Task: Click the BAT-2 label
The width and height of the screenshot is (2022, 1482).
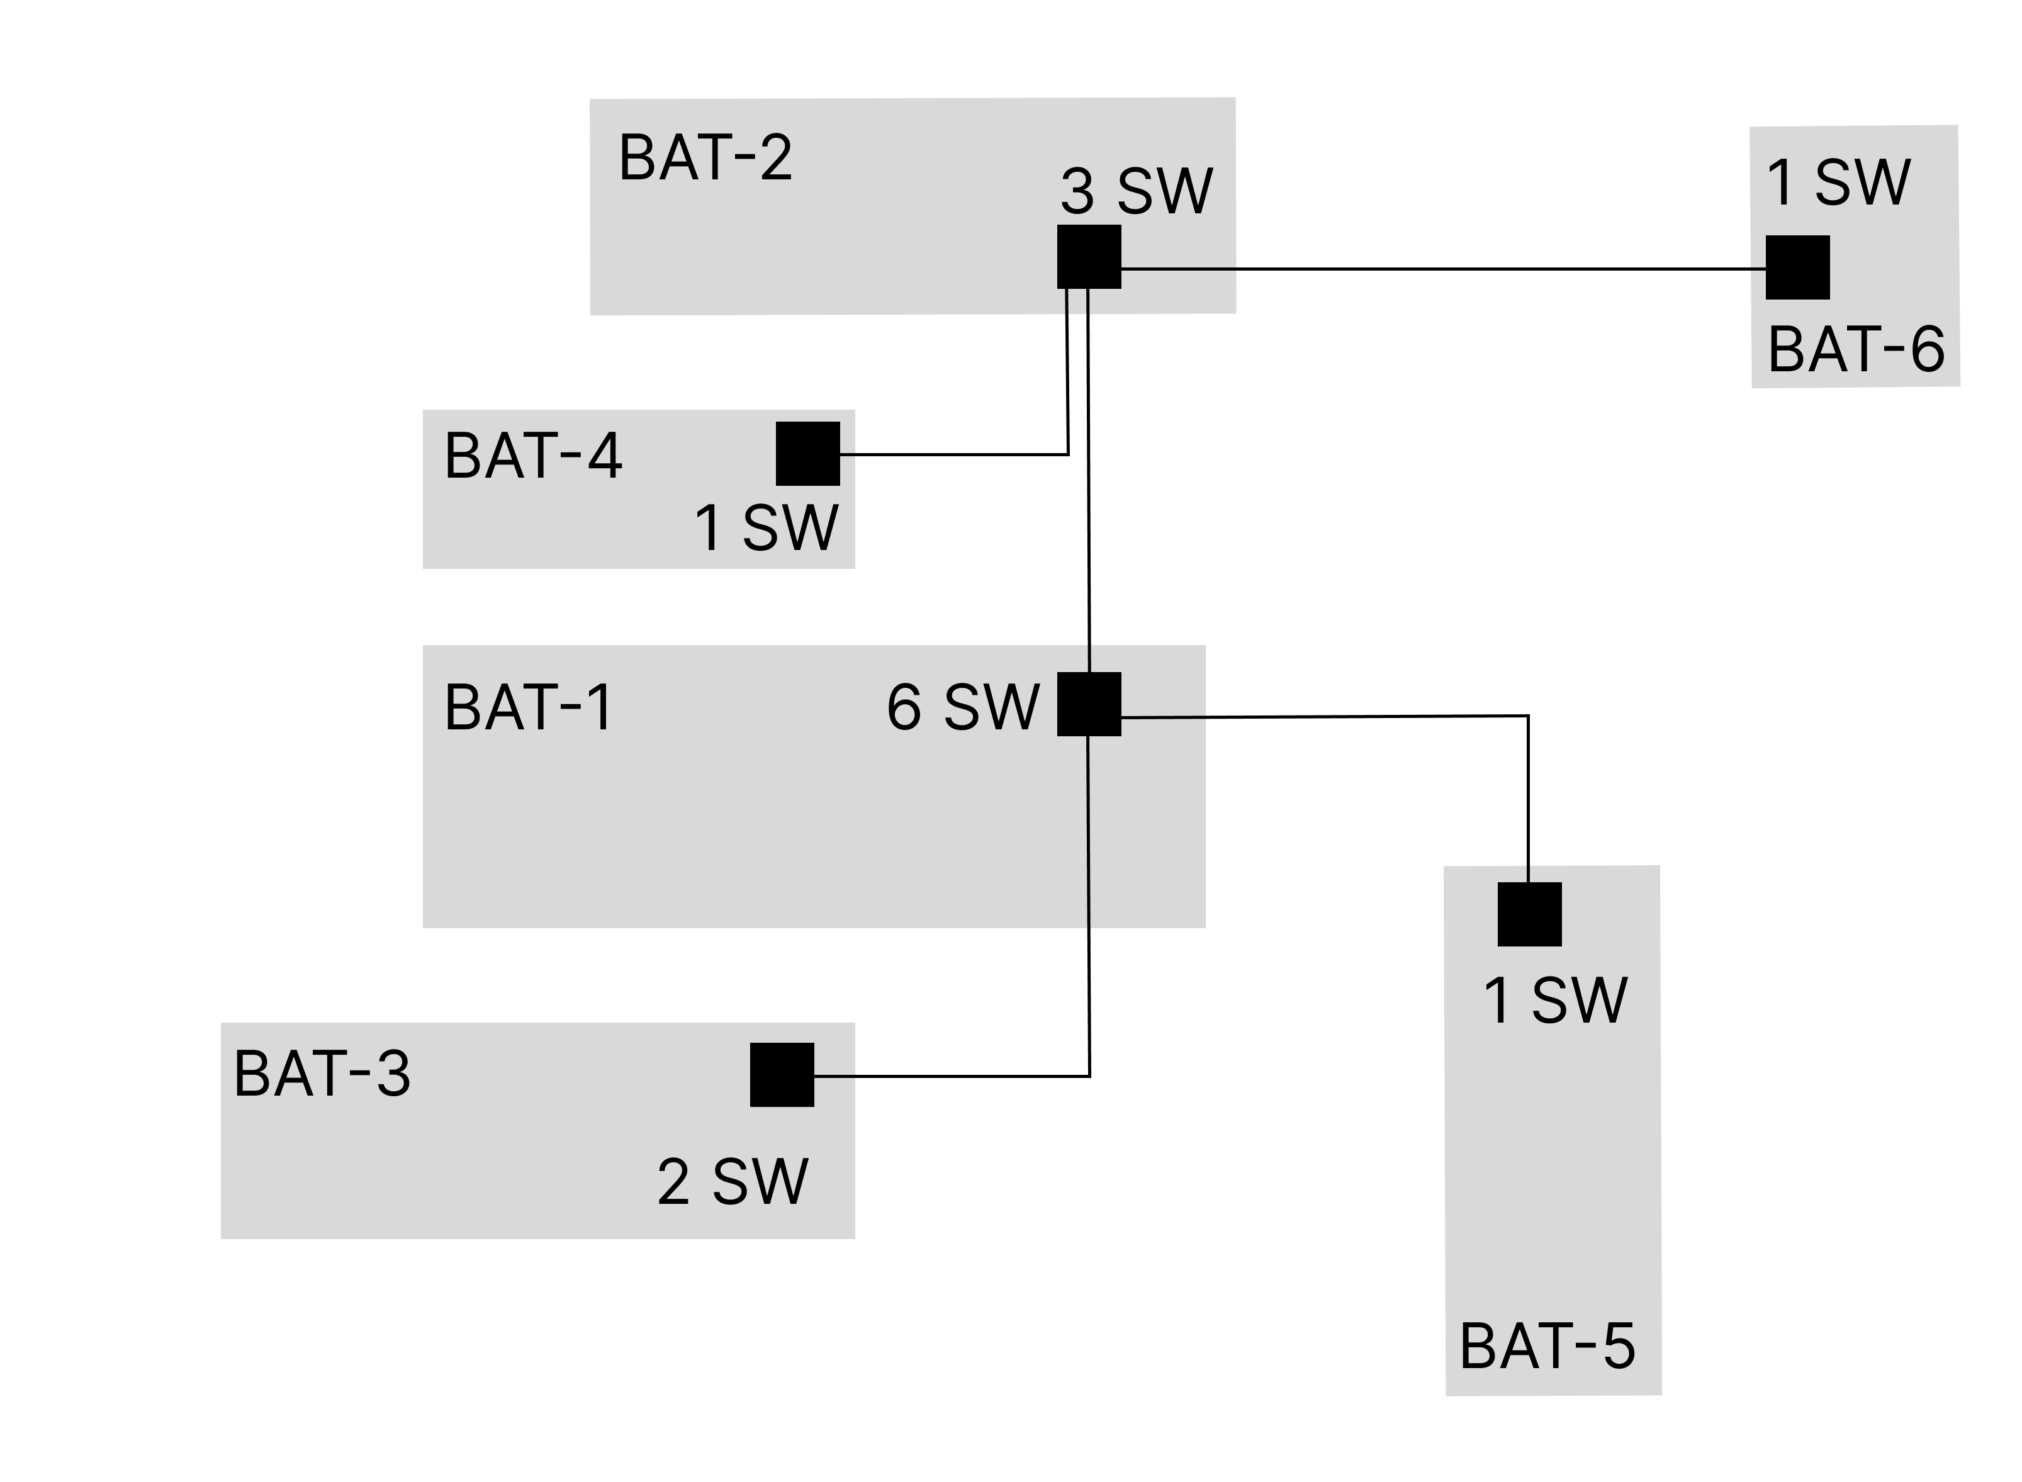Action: (705, 158)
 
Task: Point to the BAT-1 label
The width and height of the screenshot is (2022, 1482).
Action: (529, 708)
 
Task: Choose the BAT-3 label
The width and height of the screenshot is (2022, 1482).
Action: (322, 1073)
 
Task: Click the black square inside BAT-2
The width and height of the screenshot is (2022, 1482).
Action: (1089, 257)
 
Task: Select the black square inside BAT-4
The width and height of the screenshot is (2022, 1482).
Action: (807, 454)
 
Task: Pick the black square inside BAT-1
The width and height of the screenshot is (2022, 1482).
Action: (1089, 704)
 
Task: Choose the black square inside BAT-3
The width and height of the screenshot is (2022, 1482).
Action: (782, 1075)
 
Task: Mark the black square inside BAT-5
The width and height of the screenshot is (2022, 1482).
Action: (1529, 914)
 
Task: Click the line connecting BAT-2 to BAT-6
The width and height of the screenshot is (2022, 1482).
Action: (1435, 268)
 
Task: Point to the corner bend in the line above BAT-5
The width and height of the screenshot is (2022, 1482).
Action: (1528, 716)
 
